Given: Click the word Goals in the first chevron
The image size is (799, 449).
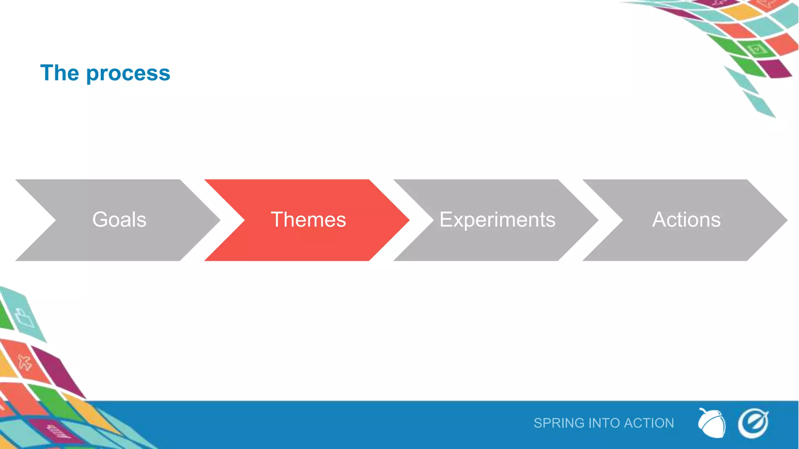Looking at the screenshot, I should click(x=119, y=219).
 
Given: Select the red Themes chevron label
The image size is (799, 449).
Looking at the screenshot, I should click(x=308, y=219).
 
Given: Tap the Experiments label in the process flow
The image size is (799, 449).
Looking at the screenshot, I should click(x=497, y=219).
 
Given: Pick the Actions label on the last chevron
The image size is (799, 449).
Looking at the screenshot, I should click(x=686, y=219).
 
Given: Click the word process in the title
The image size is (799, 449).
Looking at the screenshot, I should click(x=128, y=73).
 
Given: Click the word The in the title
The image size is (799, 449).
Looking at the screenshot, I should click(x=60, y=73).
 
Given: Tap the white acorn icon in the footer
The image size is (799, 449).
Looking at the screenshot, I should click(x=712, y=423).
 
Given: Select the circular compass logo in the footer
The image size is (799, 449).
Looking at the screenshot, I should click(x=753, y=423).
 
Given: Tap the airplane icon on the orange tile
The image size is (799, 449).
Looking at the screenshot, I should click(x=25, y=362).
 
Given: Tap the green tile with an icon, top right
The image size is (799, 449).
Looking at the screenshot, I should click(x=757, y=49).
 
